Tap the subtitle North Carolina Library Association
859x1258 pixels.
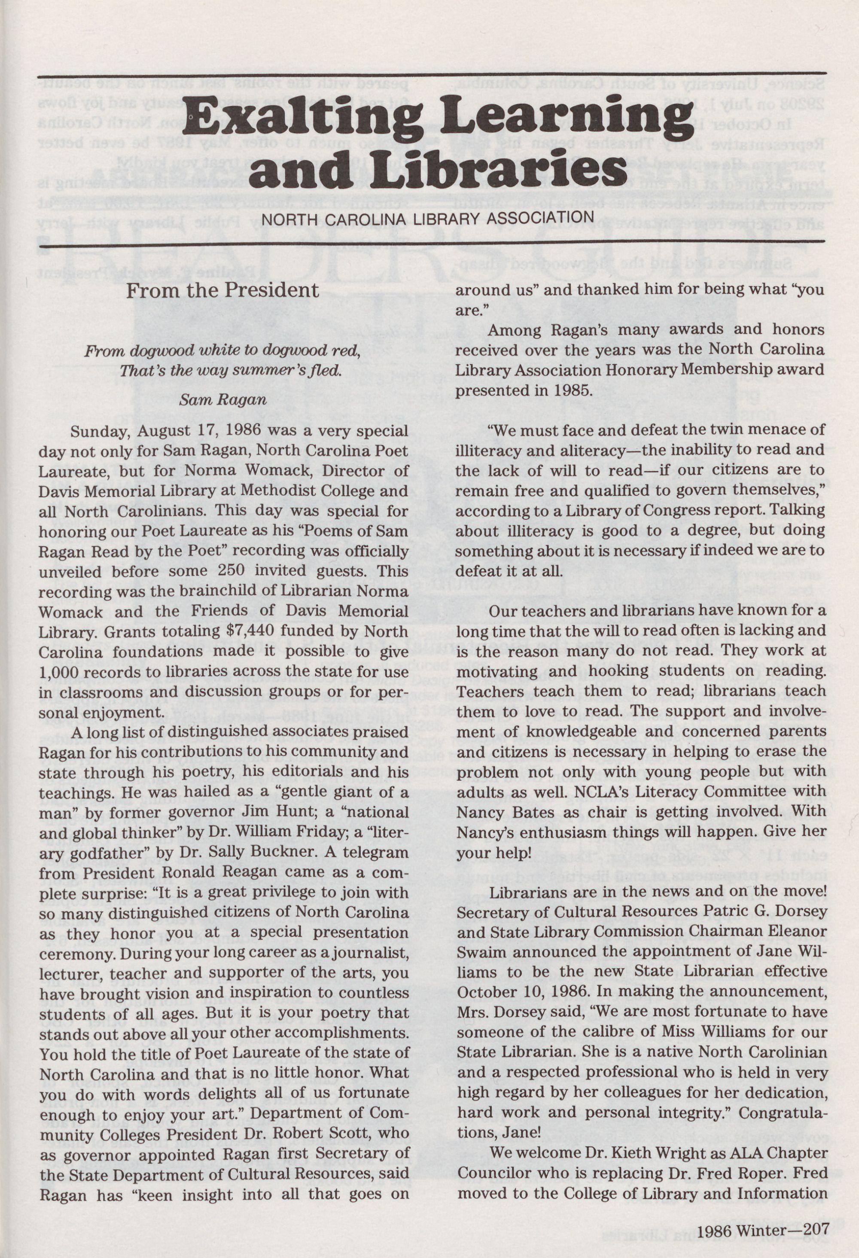pos(428,218)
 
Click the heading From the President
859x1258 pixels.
pos(223,291)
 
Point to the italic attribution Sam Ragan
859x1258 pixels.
pos(223,401)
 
